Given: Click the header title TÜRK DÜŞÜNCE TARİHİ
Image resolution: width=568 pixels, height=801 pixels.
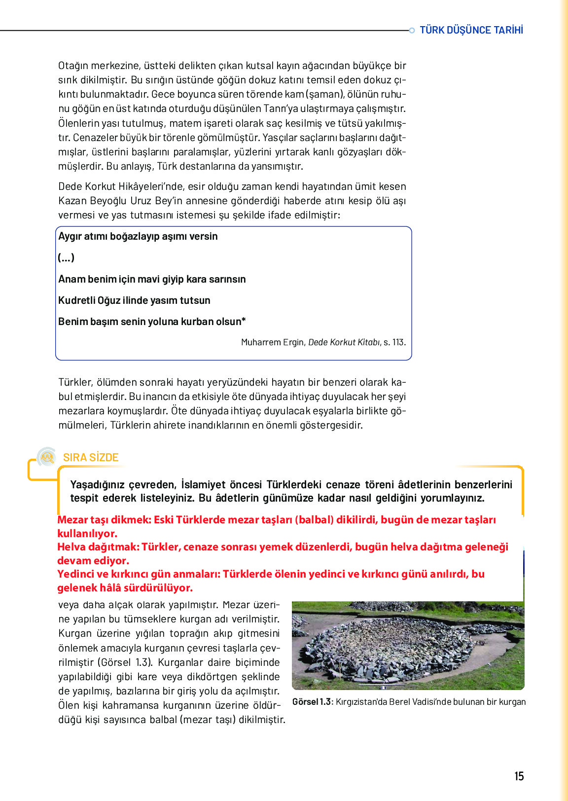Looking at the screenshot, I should (x=471, y=30).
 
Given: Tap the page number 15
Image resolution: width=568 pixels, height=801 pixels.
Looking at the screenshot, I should (x=519, y=776).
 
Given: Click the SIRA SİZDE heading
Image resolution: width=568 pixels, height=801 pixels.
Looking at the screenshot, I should (x=91, y=457).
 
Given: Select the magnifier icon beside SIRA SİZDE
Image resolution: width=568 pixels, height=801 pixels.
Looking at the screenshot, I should (x=47, y=457).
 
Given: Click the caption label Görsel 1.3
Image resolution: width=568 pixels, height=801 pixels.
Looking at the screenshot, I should (x=312, y=702).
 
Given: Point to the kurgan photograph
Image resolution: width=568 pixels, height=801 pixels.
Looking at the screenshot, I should (x=408, y=645).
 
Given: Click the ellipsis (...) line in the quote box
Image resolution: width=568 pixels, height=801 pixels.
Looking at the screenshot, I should (x=66, y=257).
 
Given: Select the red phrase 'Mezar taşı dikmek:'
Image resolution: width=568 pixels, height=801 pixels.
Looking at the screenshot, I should (x=105, y=520).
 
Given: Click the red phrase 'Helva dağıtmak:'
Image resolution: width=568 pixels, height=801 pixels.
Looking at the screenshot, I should (x=98, y=547).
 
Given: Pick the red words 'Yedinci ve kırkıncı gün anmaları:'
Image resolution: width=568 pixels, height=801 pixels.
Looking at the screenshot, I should (x=139, y=574).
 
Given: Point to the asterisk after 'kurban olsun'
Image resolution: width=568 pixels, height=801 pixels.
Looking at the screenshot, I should (x=244, y=320).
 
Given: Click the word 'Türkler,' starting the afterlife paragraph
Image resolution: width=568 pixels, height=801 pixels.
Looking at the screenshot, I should (x=75, y=382).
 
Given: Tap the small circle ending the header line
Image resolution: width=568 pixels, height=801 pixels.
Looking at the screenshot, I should (x=412, y=31).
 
